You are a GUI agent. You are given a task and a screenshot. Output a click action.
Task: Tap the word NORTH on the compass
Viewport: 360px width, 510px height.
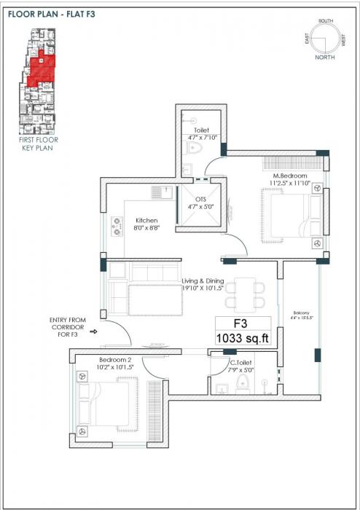coord(324,56)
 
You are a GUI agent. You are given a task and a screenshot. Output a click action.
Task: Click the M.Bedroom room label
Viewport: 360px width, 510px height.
coord(290,176)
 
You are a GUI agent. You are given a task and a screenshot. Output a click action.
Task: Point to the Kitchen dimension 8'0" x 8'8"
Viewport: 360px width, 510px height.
coord(146,228)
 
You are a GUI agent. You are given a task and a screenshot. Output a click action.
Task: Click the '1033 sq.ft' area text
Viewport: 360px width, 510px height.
coord(243,337)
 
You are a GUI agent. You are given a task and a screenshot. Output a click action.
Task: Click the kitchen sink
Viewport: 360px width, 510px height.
coord(160,192)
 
